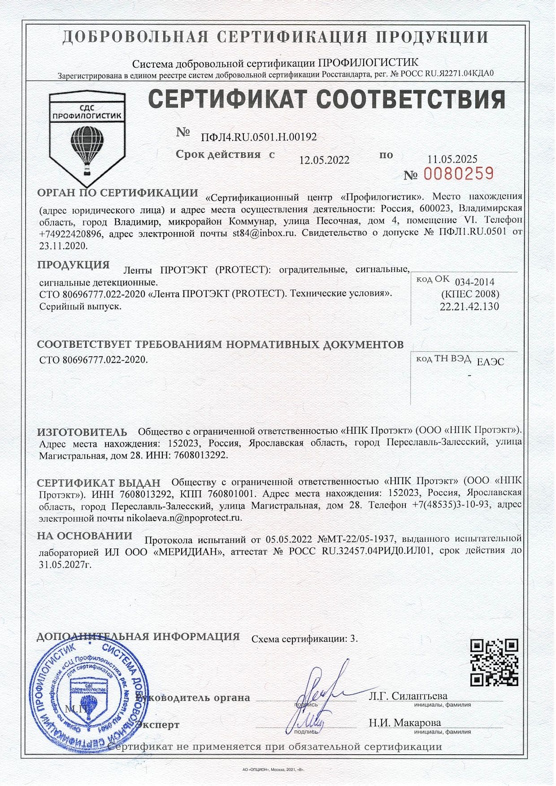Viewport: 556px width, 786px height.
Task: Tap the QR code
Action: pyautogui.click(x=494, y=662)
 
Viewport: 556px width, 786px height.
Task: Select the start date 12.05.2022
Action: pyautogui.click(x=324, y=160)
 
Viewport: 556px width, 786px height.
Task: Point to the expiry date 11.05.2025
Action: pyautogui.click(x=452, y=159)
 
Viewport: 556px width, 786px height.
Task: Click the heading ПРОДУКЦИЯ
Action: pyautogui.click(x=74, y=265)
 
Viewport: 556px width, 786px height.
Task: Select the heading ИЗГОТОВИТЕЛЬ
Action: pyautogui.click(x=82, y=432)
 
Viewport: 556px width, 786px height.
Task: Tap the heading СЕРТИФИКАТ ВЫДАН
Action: pyautogui.click(x=98, y=483)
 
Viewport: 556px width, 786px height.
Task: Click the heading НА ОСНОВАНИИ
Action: pyautogui.click(x=85, y=536)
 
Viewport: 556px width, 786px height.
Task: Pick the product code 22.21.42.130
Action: pyautogui.click(x=469, y=307)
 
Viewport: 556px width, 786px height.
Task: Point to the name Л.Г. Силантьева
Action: pyautogui.click(x=408, y=696)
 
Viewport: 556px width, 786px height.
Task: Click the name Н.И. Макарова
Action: pyautogui.click(x=405, y=722)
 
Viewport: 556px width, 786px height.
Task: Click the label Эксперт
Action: pyautogui.click(x=158, y=725)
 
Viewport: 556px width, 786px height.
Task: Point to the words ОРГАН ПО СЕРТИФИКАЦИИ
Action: pyautogui.click(x=117, y=193)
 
